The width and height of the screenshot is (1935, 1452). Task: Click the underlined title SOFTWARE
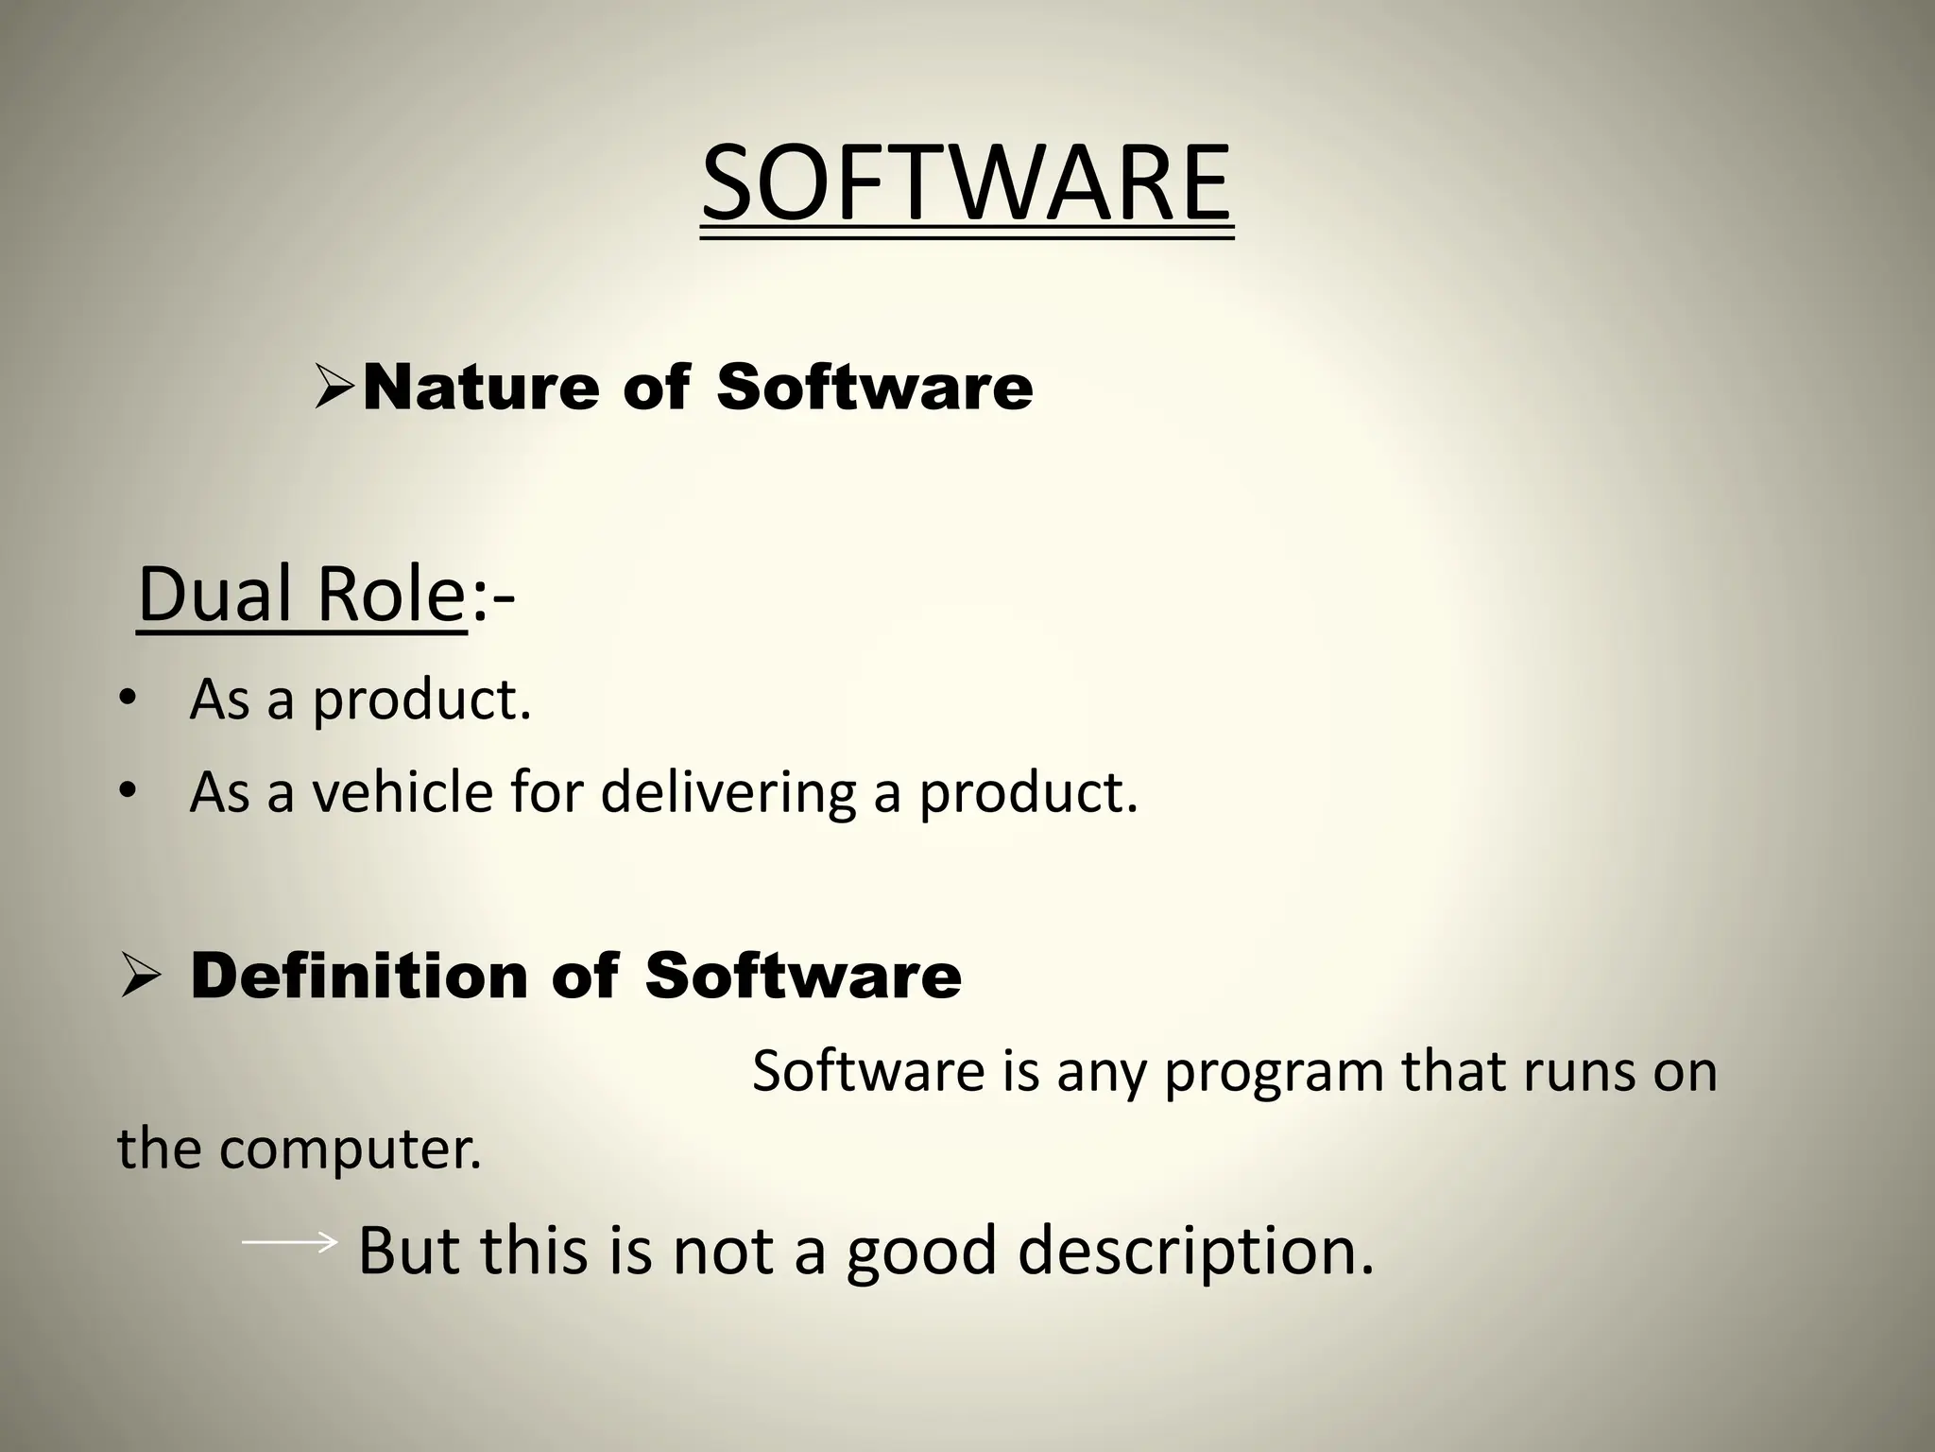coord(967,184)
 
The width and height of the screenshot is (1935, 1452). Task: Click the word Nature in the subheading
coord(480,388)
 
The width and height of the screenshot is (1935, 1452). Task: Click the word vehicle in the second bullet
coord(402,792)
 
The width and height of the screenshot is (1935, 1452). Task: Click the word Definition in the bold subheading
coord(359,977)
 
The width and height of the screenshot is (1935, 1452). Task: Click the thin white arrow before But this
coord(289,1242)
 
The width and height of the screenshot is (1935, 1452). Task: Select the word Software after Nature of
coord(874,388)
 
